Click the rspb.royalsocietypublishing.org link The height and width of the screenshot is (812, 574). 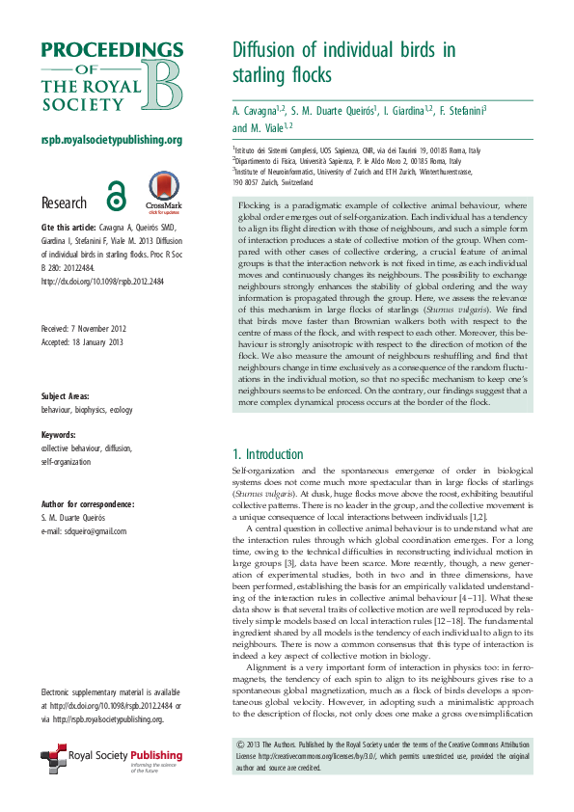click(112, 140)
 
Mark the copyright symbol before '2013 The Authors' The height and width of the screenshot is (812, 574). click(240, 746)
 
